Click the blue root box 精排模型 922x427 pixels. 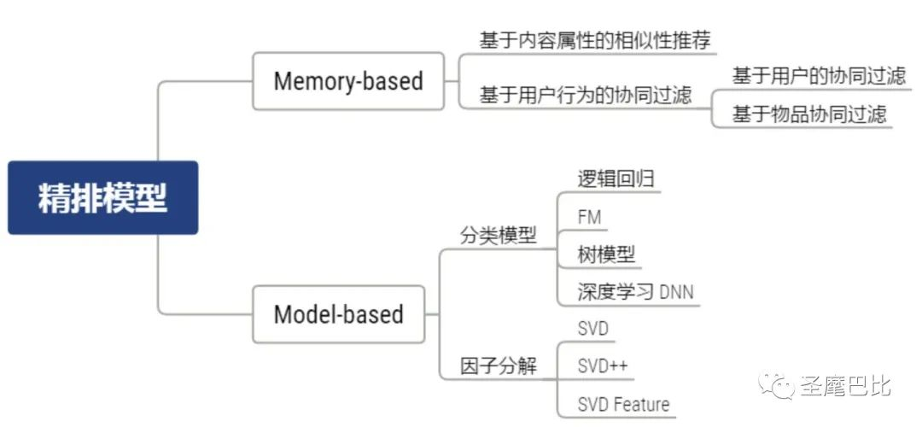[x=103, y=197]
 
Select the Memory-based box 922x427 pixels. [x=348, y=81]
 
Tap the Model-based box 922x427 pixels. [x=339, y=314]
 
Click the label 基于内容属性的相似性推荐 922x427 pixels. [x=595, y=40]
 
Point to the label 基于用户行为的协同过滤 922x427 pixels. [x=586, y=95]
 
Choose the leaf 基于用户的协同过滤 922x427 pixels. [x=819, y=76]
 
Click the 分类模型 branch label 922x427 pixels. [x=499, y=236]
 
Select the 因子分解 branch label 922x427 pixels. [x=499, y=366]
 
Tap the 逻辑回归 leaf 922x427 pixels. [x=616, y=178]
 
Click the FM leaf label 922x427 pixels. [x=590, y=217]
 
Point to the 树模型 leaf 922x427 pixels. [x=606, y=254]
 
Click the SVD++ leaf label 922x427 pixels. [x=603, y=366]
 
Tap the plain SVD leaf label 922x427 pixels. [x=592, y=328]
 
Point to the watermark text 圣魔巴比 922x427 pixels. [x=845, y=386]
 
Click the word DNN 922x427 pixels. [x=677, y=292]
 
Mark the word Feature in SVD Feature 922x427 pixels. [x=641, y=404]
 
